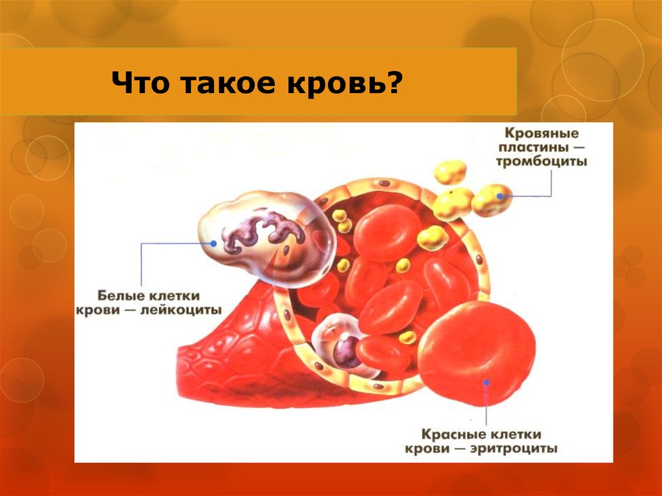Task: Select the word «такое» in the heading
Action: (230, 83)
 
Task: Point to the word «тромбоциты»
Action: (541, 162)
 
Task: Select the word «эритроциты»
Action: (513, 449)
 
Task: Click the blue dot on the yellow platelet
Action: (500, 196)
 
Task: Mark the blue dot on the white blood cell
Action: (213, 243)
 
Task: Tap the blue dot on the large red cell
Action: (486, 383)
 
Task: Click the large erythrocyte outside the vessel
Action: (476, 353)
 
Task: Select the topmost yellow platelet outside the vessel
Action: (450, 172)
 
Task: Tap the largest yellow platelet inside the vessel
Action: (432, 238)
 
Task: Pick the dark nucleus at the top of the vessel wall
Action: (384, 184)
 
